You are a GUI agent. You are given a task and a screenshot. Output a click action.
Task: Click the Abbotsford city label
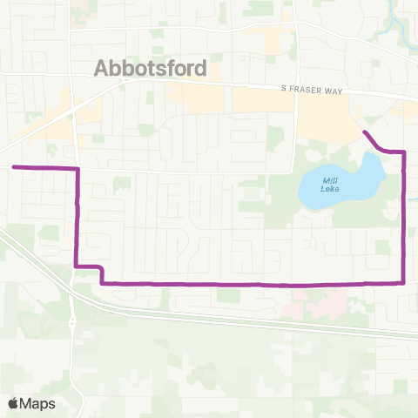(x=150, y=69)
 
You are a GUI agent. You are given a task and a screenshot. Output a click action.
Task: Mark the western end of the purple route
(x=13, y=166)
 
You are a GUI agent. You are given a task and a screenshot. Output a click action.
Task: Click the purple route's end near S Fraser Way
(x=364, y=132)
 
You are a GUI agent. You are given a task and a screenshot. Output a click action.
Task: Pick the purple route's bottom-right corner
(x=405, y=281)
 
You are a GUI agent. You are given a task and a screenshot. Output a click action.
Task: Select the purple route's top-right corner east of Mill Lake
(x=405, y=152)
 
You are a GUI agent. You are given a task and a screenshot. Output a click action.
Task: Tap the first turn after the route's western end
(x=78, y=168)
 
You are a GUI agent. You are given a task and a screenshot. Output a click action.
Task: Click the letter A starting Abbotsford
(x=100, y=69)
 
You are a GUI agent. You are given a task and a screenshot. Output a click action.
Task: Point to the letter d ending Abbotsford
(x=201, y=69)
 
